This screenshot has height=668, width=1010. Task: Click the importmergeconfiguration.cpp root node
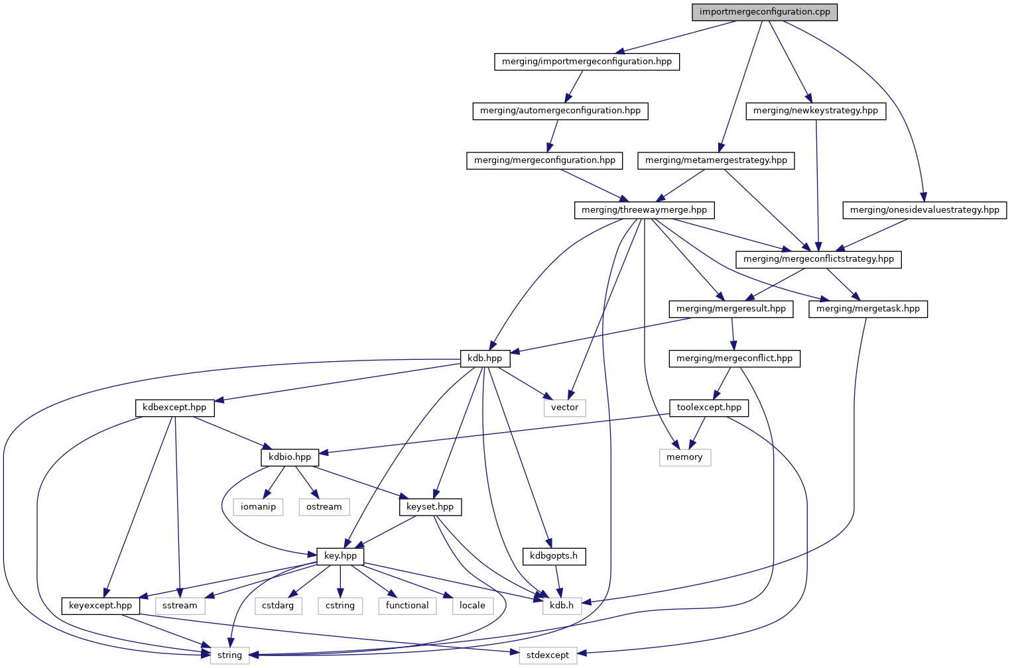(x=765, y=12)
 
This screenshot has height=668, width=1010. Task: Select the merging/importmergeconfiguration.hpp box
(x=587, y=62)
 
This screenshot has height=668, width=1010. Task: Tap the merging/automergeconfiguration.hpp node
(x=560, y=111)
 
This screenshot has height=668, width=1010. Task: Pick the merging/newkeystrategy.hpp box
(x=815, y=111)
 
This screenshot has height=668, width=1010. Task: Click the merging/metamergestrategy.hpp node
(x=716, y=160)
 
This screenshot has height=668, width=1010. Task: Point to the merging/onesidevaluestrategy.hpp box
(x=924, y=210)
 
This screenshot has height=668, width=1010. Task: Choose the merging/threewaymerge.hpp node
(x=644, y=210)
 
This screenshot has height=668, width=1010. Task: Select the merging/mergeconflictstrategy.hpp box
(x=818, y=259)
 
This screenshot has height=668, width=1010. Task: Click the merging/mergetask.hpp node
(x=867, y=309)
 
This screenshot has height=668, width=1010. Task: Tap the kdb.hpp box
(x=485, y=359)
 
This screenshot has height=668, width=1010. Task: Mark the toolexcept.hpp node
(x=709, y=408)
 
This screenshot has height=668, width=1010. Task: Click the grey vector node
(x=564, y=408)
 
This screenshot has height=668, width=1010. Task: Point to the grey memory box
(x=684, y=457)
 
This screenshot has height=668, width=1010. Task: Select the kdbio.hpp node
(x=290, y=457)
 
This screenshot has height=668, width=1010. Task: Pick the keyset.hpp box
(x=430, y=507)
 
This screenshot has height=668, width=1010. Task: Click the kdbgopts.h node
(x=554, y=556)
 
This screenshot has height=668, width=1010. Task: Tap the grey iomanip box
(x=258, y=507)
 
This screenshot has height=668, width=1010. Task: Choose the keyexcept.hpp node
(x=100, y=606)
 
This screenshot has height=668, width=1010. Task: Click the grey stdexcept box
(x=547, y=655)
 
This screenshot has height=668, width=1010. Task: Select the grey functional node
(x=407, y=606)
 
